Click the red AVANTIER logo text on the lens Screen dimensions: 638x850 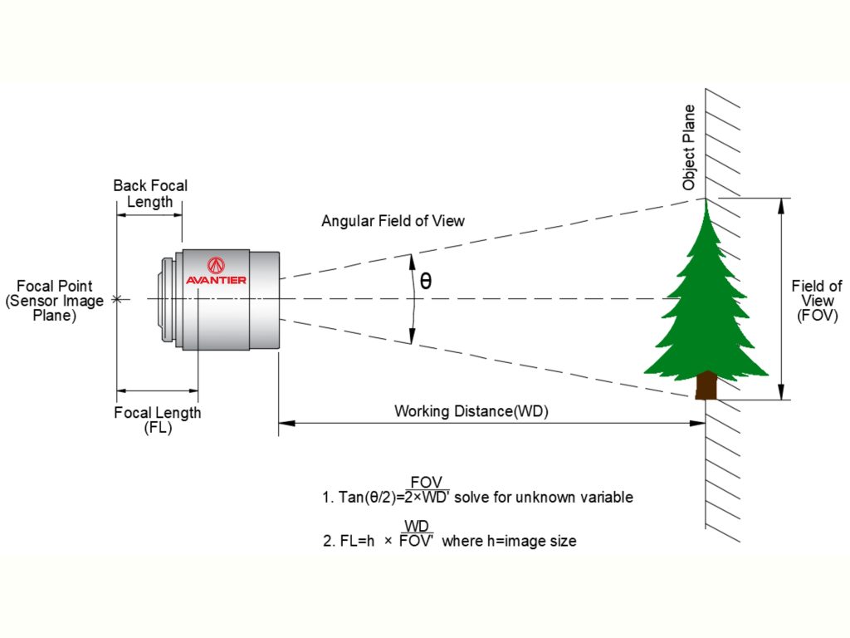coord(216,280)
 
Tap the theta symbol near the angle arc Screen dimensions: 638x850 coord(426,281)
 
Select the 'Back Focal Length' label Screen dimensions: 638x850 coord(150,194)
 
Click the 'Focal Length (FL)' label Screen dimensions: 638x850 coord(157,420)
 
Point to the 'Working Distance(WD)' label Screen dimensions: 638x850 coord(471,410)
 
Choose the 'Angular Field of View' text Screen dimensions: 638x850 coord(393,221)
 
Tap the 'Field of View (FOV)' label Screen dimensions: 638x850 coord(817,301)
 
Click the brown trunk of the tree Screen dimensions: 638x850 coord(706,385)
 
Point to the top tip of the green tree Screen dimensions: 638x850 coord(706,202)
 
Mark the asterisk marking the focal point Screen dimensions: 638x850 coord(118,299)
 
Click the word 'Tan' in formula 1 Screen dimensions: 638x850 coord(348,498)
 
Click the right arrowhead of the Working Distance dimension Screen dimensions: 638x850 coord(700,424)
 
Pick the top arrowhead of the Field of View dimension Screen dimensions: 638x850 coord(781,204)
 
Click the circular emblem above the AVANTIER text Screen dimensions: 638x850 coord(216,265)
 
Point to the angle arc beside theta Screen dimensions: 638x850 coord(413,299)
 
